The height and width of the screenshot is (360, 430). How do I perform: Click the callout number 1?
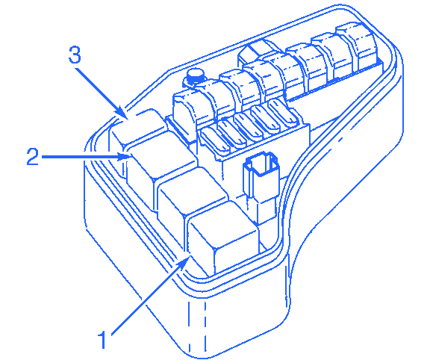pyautogui.click(x=102, y=340)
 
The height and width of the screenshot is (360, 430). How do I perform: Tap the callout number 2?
pyautogui.click(x=33, y=156)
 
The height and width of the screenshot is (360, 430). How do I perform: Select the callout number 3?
pyautogui.click(x=75, y=55)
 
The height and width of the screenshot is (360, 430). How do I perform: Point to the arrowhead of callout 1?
pyautogui.click(x=183, y=262)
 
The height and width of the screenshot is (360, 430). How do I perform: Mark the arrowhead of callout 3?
pyautogui.click(x=122, y=113)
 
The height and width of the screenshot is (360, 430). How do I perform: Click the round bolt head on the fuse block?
pyautogui.click(x=195, y=75)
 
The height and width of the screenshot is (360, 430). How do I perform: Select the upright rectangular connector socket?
pyautogui.click(x=261, y=186)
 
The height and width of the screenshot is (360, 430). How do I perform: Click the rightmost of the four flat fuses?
pyautogui.click(x=282, y=113)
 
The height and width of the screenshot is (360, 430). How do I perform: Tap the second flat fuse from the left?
pyautogui.click(x=232, y=132)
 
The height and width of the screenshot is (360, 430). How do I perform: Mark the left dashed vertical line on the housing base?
pyautogui.click(x=189, y=324)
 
